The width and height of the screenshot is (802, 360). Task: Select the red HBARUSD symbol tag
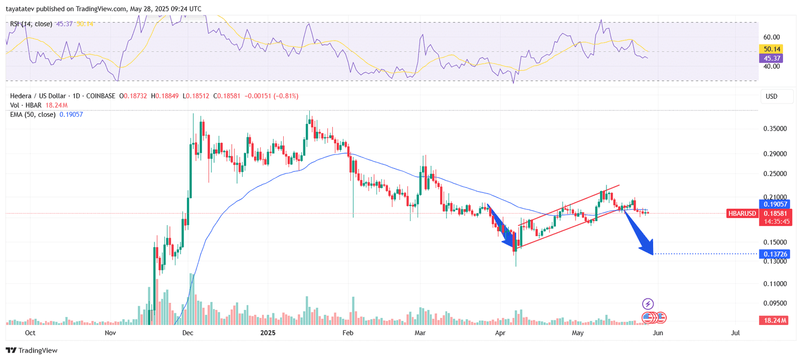tap(742, 214)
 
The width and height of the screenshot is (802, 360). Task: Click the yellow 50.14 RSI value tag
tap(772, 49)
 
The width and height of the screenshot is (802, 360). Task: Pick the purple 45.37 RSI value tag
tap(772, 59)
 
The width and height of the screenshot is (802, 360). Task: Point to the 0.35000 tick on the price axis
tap(775, 129)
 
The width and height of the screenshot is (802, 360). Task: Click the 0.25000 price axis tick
tap(775, 174)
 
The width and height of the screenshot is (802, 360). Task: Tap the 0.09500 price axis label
tap(775, 303)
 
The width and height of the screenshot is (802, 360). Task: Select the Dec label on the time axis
tap(188, 333)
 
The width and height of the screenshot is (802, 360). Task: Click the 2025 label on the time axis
tap(268, 333)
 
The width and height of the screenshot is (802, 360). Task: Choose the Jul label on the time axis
tap(735, 333)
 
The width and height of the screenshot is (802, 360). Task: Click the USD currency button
tap(772, 96)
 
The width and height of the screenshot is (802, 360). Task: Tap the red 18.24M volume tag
tap(775, 320)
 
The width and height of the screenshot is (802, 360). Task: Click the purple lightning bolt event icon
tap(648, 304)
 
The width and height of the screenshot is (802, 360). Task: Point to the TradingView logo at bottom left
tap(32, 350)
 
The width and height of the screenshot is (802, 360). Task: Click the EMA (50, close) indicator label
tap(33, 115)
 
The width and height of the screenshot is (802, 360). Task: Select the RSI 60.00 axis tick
tap(771, 37)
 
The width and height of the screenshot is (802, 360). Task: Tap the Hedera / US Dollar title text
tap(38, 96)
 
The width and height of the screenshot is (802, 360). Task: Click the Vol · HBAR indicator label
tap(26, 105)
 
